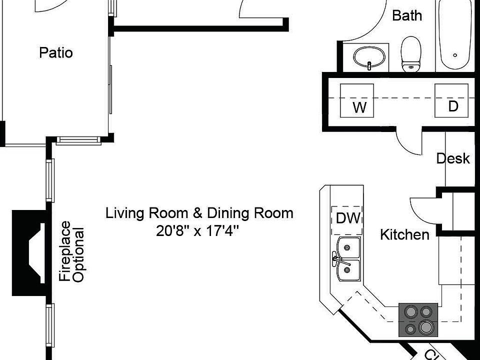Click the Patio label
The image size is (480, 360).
56,52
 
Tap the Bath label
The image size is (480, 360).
406,15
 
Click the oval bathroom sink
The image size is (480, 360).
369,56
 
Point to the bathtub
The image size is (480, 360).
454,35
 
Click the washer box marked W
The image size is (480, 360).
356,100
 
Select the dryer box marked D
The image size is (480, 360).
451,99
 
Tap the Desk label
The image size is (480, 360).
453,158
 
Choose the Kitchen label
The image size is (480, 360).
404,234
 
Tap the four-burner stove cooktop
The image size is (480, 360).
418,319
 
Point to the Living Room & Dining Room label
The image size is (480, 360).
199,213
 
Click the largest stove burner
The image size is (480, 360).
426,327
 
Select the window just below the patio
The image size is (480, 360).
77,140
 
